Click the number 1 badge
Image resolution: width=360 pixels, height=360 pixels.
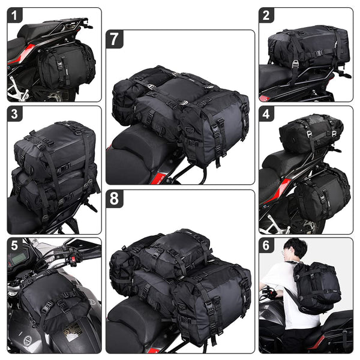tap(14, 15)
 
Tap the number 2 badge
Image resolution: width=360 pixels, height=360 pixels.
tap(266, 15)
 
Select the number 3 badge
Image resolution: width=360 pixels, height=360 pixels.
tap(14, 113)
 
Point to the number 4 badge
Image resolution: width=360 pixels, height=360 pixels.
tap(266, 113)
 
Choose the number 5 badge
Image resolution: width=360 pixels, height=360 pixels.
tap(14, 245)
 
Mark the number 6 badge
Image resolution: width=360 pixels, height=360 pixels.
tap(266, 245)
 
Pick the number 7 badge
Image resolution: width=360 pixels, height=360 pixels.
tap(114, 40)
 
